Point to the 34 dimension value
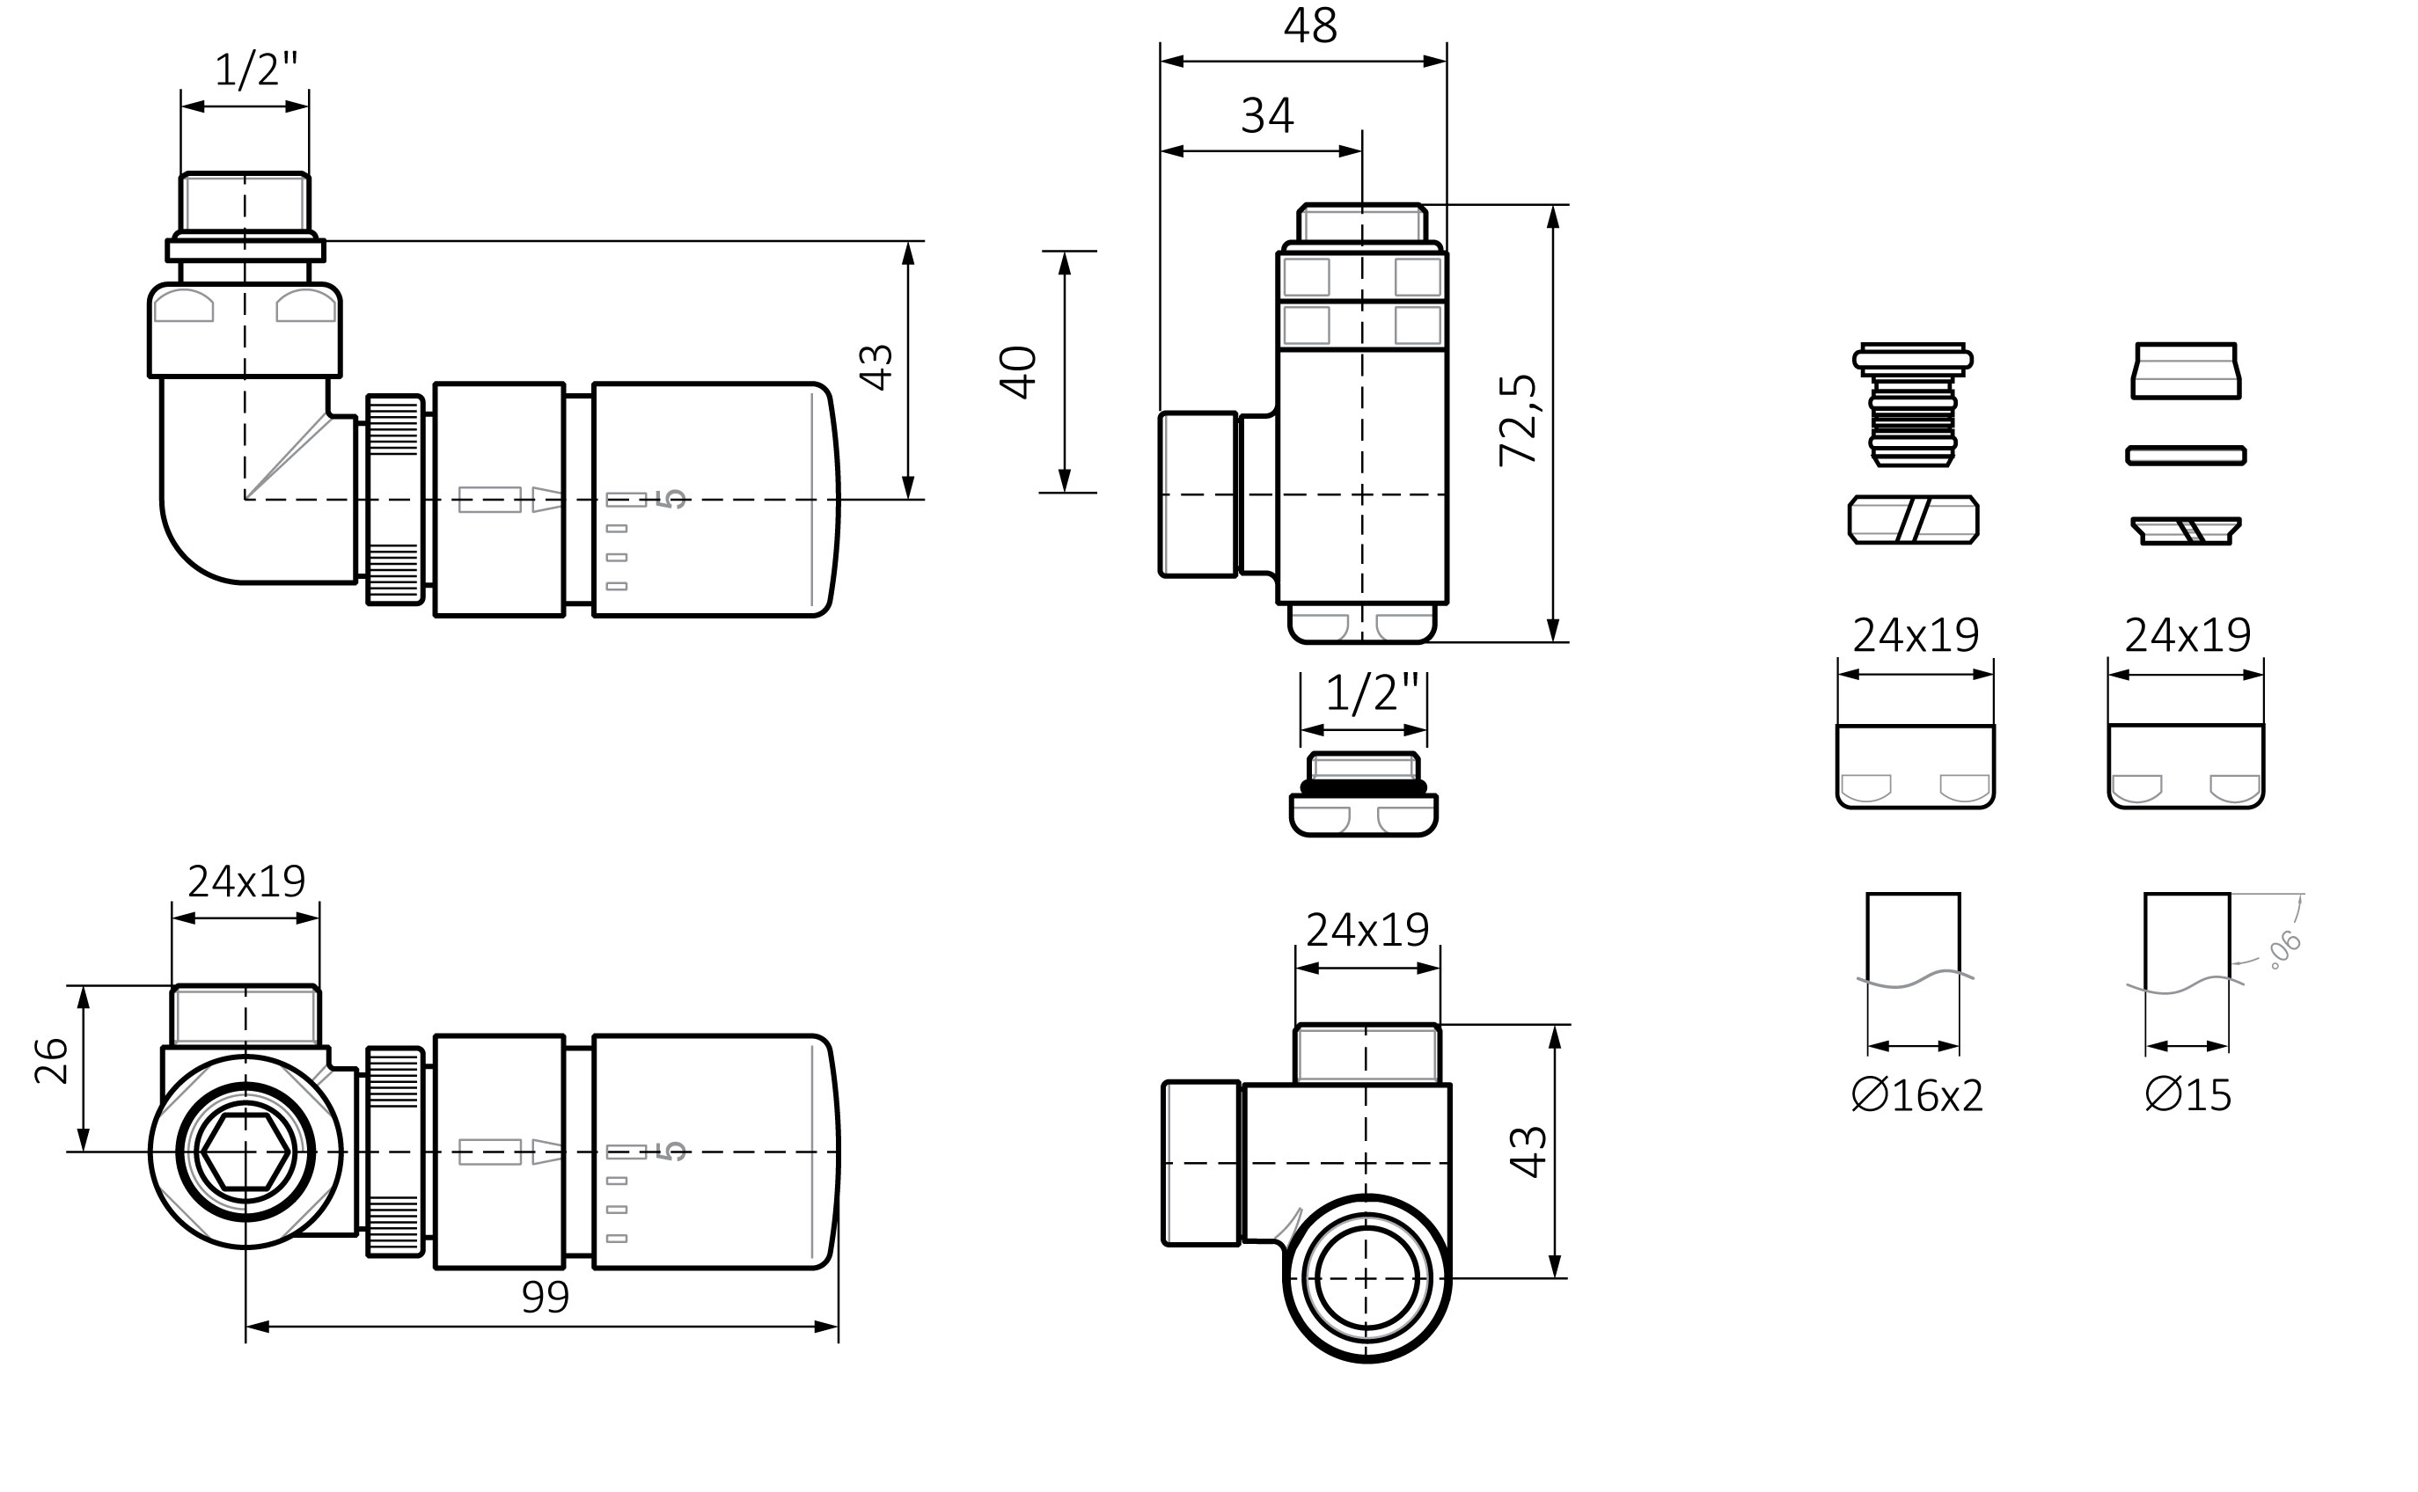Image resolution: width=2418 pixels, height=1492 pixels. click(1267, 115)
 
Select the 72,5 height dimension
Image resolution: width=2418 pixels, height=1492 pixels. click(1519, 420)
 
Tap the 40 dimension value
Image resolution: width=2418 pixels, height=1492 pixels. click(1019, 372)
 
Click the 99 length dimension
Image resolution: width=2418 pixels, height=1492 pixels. click(545, 1298)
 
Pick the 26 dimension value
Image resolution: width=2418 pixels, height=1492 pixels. click(51, 1062)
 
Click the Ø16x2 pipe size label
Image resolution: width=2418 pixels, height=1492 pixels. click(1916, 1095)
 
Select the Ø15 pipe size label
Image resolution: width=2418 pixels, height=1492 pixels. click(2188, 1095)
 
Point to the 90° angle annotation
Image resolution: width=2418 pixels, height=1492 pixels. click(2286, 948)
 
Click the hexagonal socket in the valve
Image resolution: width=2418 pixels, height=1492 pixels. click(245, 1152)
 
